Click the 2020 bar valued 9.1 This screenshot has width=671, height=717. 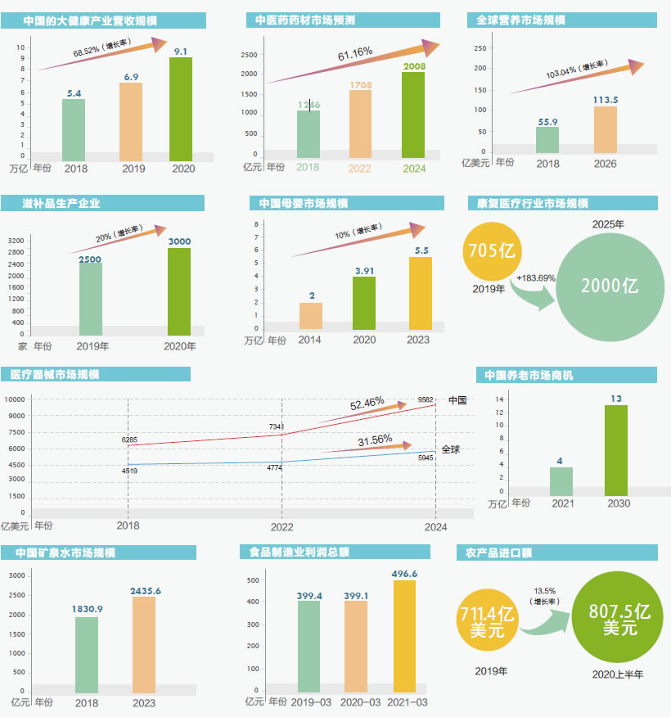181,109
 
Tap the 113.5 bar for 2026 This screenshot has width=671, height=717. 605,129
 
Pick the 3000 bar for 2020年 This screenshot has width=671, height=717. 179,291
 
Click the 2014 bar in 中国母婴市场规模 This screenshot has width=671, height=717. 311,316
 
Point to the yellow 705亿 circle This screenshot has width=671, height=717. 492,252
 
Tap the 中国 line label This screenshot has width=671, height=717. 457,400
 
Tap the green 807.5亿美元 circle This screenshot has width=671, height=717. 619,619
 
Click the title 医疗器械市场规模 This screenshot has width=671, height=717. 56,375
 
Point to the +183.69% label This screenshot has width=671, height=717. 536,278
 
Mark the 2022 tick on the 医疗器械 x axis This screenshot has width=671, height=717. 281,526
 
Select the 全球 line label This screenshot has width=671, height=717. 451,449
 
